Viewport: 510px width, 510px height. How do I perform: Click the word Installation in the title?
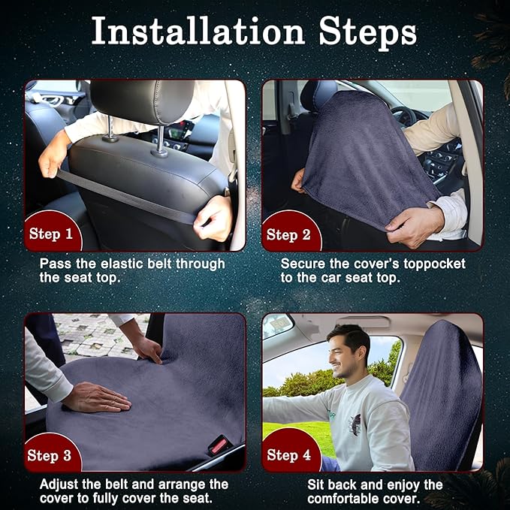click(x=198, y=32)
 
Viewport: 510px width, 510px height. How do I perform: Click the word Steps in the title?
click(x=368, y=32)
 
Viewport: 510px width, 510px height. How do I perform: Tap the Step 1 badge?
click(x=52, y=231)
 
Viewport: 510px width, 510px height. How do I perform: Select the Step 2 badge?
click(x=291, y=231)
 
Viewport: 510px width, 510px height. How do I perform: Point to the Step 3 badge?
click(x=51, y=453)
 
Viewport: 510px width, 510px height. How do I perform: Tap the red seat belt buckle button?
click(x=219, y=445)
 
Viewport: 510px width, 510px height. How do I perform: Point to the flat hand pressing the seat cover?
click(x=96, y=397)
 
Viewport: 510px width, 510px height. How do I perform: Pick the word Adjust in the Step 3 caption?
click(x=59, y=484)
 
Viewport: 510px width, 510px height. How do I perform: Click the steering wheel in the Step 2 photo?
click(x=406, y=118)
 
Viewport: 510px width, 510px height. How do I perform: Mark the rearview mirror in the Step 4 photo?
click(x=277, y=326)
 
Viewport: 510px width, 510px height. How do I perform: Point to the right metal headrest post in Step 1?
click(x=160, y=140)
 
